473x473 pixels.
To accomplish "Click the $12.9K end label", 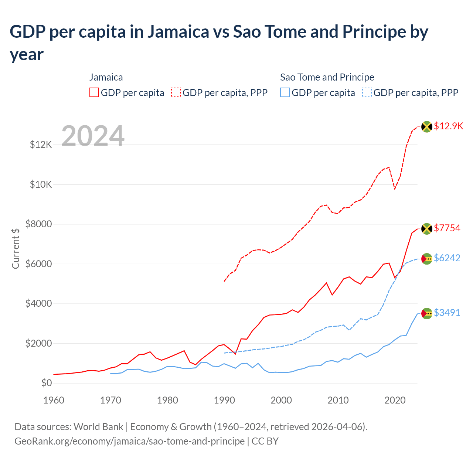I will [x=448, y=126].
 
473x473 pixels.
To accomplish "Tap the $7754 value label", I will [x=447, y=228].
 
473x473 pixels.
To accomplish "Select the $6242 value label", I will [x=447, y=258].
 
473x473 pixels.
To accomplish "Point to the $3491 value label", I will [x=447, y=313].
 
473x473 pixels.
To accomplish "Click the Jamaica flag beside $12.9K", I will [x=427, y=127].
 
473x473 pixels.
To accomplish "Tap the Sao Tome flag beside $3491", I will [x=427, y=313].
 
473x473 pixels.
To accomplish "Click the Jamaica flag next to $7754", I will [x=427, y=229].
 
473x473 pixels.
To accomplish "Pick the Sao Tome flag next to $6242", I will [x=427, y=259].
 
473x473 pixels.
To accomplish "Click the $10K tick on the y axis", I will [x=41, y=184].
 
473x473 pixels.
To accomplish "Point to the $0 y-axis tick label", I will [x=46, y=383].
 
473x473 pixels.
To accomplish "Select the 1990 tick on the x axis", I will [x=224, y=400].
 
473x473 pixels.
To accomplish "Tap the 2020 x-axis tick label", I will [x=395, y=400].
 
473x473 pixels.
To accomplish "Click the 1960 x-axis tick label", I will [x=54, y=400].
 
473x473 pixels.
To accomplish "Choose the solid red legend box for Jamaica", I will [x=94, y=92].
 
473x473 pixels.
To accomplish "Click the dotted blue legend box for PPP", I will [x=367, y=92].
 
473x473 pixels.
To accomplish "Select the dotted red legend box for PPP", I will [x=176, y=92].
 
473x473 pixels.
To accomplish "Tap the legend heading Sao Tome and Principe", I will [x=327, y=77].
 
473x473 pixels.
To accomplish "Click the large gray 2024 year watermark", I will [x=93, y=136].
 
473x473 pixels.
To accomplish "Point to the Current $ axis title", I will [x=16, y=248].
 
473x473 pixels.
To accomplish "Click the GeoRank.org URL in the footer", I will [x=129, y=441].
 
